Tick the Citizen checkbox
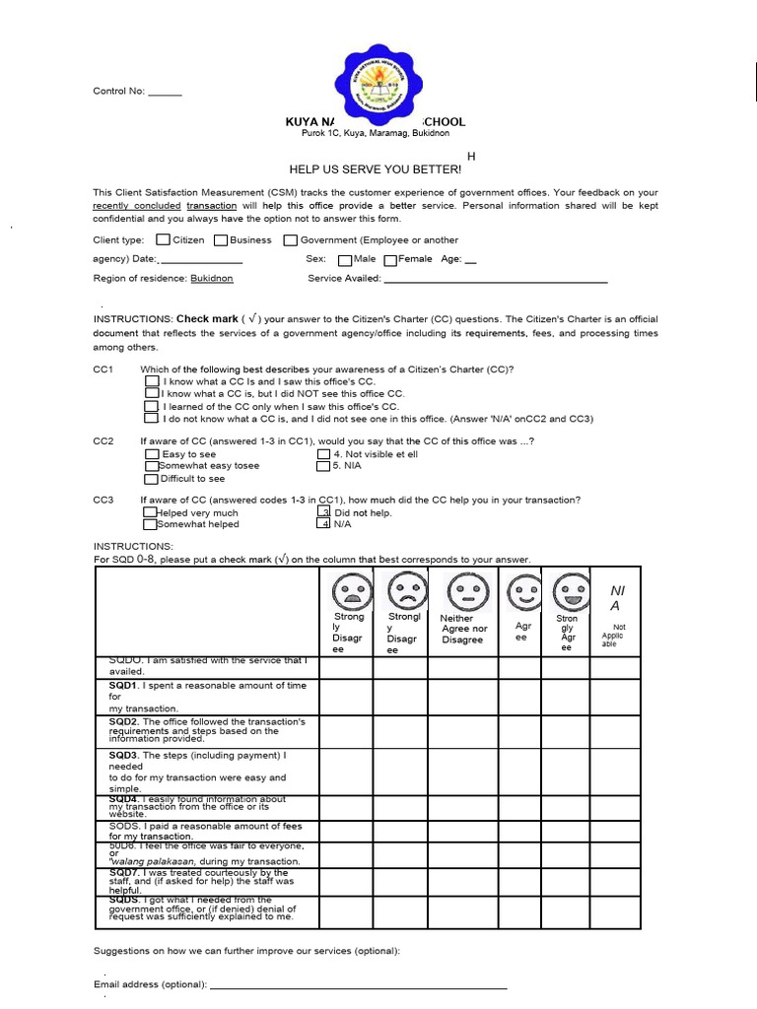pos(163,239)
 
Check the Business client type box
pos(220,239)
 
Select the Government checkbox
pos(291,239)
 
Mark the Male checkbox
pos(344,260)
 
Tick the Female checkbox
pos(390,260)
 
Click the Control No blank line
pos(165,93)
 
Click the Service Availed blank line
pos(496,280)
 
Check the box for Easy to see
pos(152,454)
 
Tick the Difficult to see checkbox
pos(152,479)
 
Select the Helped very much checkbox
pos(150,512)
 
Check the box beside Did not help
pos(323,512)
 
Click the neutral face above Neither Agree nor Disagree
pos(463,592)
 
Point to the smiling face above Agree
pos(523,593)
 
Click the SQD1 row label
pos(208,697)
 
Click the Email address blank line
pos(359,985)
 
